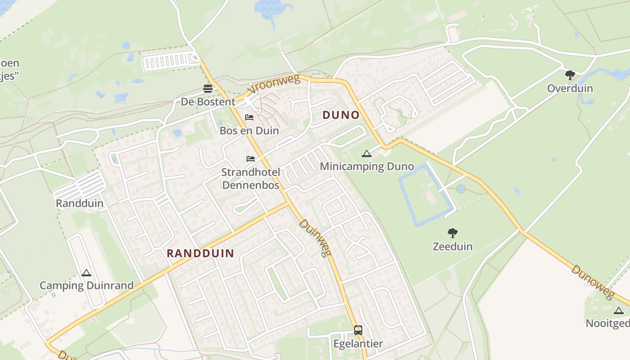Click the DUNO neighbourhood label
(341, 115)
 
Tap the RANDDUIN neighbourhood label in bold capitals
(200, 253)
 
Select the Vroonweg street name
(273, 84)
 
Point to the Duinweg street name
(315, 238)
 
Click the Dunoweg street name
(592, 282)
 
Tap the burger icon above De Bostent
(207, 88)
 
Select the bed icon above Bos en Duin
(249, 118)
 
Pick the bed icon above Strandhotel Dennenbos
(251, 159)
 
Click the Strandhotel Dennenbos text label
(251, 179)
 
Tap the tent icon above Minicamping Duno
(367, 154)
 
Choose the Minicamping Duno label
(367, 166)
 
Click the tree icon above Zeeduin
(453, 233)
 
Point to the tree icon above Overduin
(570, 75)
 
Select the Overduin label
(570, 88)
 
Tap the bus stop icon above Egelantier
(358, 330)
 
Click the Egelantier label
(358, 344)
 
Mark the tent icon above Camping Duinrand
(86, 273)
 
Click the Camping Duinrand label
(86, 285)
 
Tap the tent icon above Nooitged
(619, 310)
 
